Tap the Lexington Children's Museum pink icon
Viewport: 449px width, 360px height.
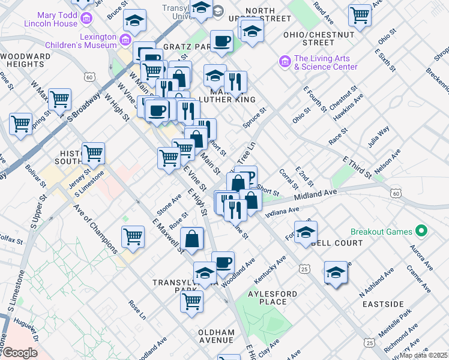126,40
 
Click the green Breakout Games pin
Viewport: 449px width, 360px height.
421,231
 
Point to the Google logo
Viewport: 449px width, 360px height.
20,353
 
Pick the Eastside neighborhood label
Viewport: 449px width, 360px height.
383,304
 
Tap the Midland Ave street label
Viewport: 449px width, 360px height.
315,194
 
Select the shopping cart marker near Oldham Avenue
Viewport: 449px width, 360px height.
192,301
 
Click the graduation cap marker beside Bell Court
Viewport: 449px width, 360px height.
306,231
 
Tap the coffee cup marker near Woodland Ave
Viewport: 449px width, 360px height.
223,262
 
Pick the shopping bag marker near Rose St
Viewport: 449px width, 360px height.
191,239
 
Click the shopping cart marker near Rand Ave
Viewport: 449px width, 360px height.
360,14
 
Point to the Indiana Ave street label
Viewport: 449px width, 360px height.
282,212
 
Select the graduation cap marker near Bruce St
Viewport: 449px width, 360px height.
135,20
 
